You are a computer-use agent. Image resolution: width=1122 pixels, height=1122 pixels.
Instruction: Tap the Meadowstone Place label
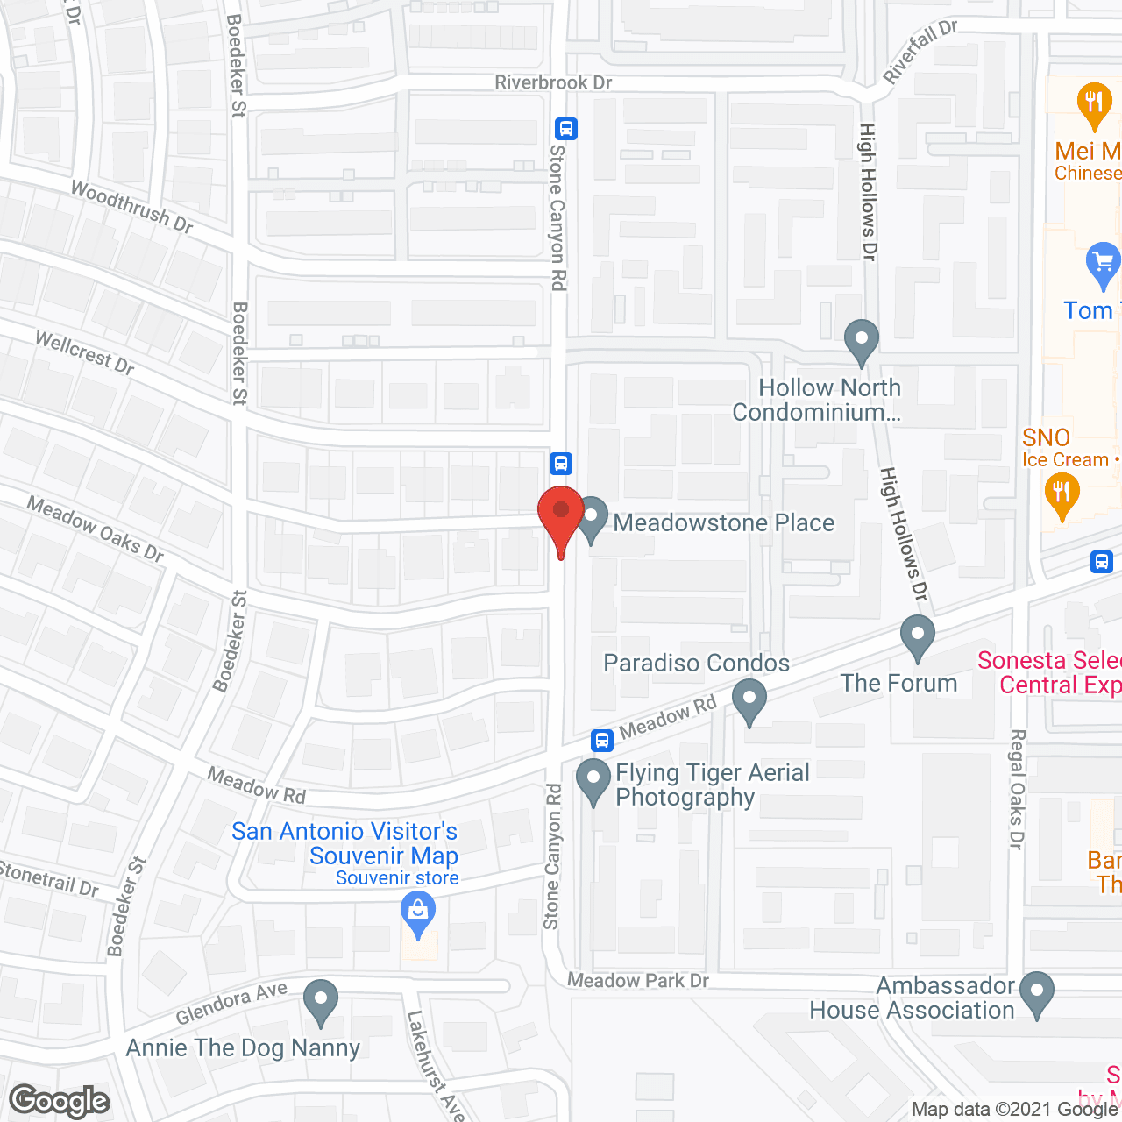pos(723,523)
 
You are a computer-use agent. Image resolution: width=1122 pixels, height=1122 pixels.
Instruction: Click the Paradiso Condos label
pos(696,664)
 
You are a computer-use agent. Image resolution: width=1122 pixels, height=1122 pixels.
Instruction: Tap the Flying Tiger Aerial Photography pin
pos(593,780)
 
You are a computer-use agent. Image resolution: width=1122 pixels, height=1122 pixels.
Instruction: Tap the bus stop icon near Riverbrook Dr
pos(566,129)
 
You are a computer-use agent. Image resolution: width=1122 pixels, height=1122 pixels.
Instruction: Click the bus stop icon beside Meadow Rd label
pos(601,741)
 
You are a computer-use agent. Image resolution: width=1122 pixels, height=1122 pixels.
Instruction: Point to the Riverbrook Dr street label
pos(553,82)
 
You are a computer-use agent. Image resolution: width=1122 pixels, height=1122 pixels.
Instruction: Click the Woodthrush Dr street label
pos(131,207)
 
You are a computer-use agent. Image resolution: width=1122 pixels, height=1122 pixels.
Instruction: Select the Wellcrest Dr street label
pos(85,352)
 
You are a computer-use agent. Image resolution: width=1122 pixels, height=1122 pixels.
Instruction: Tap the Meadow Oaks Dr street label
pos(96,529)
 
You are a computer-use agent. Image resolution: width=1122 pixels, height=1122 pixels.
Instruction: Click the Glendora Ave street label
pos(231,1003)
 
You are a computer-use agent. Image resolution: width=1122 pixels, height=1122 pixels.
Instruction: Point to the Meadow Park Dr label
pos(637,980)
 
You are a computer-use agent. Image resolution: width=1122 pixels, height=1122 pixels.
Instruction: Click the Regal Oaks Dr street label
pos(1017,789)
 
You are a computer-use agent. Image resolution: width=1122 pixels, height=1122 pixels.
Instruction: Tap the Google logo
pos(60,1101)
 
